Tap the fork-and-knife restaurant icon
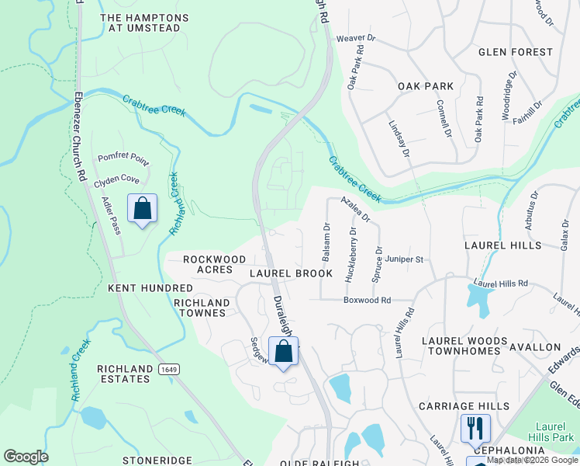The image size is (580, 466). point(475,428)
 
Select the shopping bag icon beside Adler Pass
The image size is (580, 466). point(142,208)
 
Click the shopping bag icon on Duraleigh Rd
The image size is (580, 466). point(284,351)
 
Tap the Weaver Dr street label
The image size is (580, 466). point(355,37)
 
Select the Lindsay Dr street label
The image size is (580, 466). point(399,138)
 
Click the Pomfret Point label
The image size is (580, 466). point(123,158)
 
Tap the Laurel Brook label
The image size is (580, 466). point(291,273)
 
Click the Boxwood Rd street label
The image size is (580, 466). point(368,300)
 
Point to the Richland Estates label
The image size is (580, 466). point(123,374)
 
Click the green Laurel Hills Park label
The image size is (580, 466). point(551,431)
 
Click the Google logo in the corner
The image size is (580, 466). point(26,457)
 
